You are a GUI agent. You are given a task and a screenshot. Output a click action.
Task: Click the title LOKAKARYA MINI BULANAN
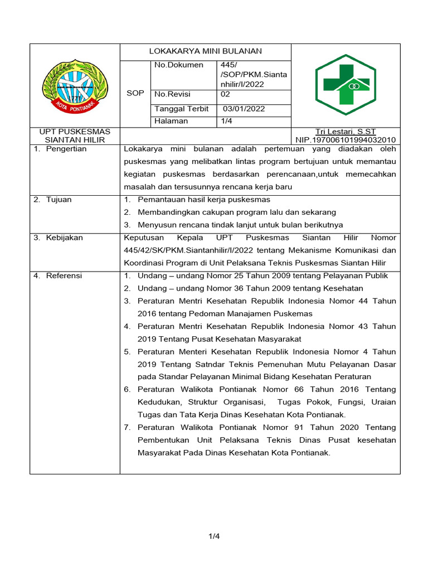[205, 51]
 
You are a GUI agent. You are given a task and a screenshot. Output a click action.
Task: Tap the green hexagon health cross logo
[346, 84]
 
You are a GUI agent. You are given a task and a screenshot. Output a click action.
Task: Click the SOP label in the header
[135, 93]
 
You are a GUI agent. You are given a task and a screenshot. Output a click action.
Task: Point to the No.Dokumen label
[179, 65]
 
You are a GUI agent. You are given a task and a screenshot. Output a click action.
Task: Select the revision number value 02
[226, 94]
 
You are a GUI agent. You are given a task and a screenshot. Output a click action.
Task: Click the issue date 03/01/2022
[244, 109]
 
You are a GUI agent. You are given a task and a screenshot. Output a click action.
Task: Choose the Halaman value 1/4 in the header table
[227, 121]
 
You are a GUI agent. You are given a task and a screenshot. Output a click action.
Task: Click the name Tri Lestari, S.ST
[346, 132]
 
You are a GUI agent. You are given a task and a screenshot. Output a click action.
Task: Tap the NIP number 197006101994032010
[346, 139]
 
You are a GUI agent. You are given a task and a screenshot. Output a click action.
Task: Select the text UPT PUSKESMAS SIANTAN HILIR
[75, 136]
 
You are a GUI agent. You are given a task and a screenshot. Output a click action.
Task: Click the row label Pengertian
[66, 149]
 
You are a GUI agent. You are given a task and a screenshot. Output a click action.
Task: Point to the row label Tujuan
[59, 200]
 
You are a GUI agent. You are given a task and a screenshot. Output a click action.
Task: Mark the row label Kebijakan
[64, 238]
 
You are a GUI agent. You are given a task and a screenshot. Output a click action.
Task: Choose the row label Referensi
[64, 275]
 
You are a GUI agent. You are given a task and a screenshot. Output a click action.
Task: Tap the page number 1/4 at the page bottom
[214, 536]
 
